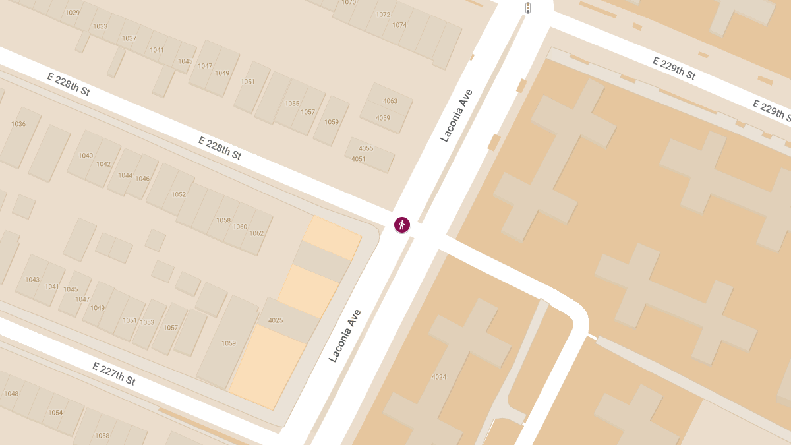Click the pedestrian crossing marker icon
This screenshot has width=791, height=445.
point(402,225)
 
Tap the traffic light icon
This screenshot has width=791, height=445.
point(528,8)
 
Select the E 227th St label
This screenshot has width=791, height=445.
point(114,374)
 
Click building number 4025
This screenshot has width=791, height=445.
point(276,320)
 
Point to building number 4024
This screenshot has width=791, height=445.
point(439,377)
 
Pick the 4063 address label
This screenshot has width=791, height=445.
point(390,101)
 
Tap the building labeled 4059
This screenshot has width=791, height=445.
point(383,118)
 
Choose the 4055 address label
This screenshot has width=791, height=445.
point(366,148)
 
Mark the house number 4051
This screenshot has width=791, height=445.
point(359,159)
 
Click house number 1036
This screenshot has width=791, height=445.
point(18,124)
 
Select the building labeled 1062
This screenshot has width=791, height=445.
point(256,233)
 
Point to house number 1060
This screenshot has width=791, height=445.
point(240,227)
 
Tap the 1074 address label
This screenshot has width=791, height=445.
point(399,25)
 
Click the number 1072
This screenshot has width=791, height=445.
point(383,15)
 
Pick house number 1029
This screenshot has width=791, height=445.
point(73,13)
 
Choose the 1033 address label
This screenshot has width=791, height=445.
point(100,26)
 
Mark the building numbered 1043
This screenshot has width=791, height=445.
point(32,280)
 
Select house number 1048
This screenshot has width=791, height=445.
point(11,394)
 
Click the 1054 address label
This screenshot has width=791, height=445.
point(55,413)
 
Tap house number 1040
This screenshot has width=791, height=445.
point(86,156)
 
